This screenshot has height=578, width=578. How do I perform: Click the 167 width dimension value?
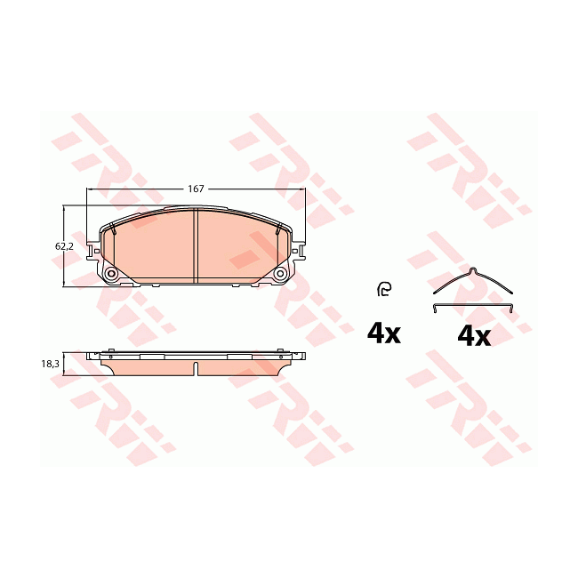coord(196,189)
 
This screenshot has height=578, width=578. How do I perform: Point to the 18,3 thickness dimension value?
coord(51,364)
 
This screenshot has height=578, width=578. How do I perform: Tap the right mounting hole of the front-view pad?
coord(280,275)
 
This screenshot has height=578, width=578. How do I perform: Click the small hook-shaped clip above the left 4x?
coord(383,287)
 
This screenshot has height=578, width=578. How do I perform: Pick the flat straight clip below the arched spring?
coord(473,308)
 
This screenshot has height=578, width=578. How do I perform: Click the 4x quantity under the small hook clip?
coord(384,333)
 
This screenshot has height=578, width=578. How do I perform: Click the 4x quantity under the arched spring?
coord(473,336)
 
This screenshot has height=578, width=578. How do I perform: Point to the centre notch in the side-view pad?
coord(196,365)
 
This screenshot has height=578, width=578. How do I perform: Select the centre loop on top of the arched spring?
coord(473,269)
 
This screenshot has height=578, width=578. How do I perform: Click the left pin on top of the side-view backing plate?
coord(110,350)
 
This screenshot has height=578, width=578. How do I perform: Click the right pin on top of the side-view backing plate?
coord(281,350)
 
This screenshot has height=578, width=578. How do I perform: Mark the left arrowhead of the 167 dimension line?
coord(88,189)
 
